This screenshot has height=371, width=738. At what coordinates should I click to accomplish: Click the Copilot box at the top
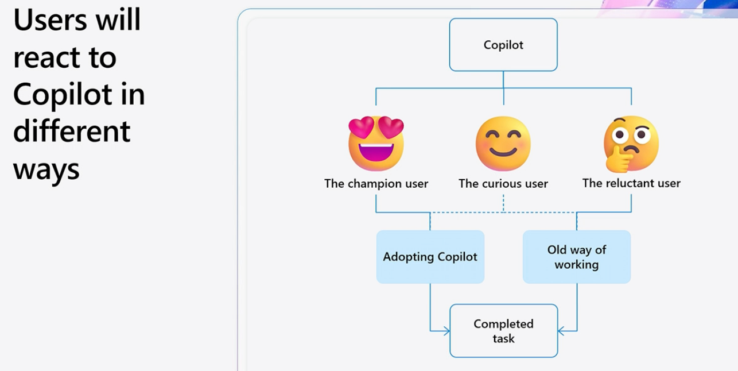click(503, 45)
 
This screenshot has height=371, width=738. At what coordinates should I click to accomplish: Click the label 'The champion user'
click(376, 184)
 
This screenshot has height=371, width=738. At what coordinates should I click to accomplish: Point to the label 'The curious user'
click(503, 184)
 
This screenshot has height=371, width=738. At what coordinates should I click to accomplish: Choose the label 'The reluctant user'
click(631, 183)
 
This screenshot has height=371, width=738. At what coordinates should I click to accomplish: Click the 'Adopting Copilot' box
click(430, 257)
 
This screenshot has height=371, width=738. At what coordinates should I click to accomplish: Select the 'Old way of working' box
click(577, 257)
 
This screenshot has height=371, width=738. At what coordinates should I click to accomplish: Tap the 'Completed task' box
click(503, 331)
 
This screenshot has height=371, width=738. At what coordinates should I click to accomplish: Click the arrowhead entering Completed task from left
click(446, 331)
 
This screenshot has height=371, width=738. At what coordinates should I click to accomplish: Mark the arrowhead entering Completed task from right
click(561, 331)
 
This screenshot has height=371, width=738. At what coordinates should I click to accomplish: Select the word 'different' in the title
click(72, 131)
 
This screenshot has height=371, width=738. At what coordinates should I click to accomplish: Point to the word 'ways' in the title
click(46, 169)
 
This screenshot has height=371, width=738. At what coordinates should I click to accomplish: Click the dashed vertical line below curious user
click(503, 203)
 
